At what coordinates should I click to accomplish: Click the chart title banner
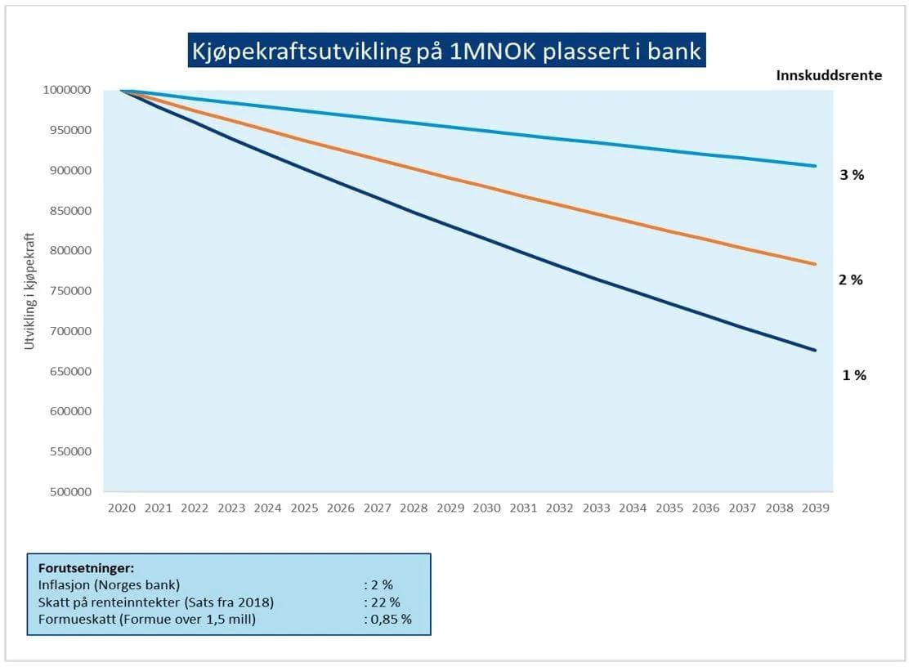[445, 51]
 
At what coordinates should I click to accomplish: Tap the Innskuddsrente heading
[828, 75]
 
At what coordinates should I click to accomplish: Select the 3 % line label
[852, 174]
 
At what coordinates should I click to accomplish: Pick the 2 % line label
[851, 280]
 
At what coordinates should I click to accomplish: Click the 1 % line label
[854, 375]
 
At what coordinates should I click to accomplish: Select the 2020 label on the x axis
[121, 508]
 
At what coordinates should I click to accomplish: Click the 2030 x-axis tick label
[486, 508]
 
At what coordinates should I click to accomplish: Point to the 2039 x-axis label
[816, 508]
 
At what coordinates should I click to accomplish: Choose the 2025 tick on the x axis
[304, 508]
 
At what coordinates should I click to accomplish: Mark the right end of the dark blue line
[815, 350]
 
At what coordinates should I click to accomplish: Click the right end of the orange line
[815, 264]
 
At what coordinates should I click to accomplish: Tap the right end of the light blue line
[815, 166]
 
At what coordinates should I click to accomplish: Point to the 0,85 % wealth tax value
[387, 619]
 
